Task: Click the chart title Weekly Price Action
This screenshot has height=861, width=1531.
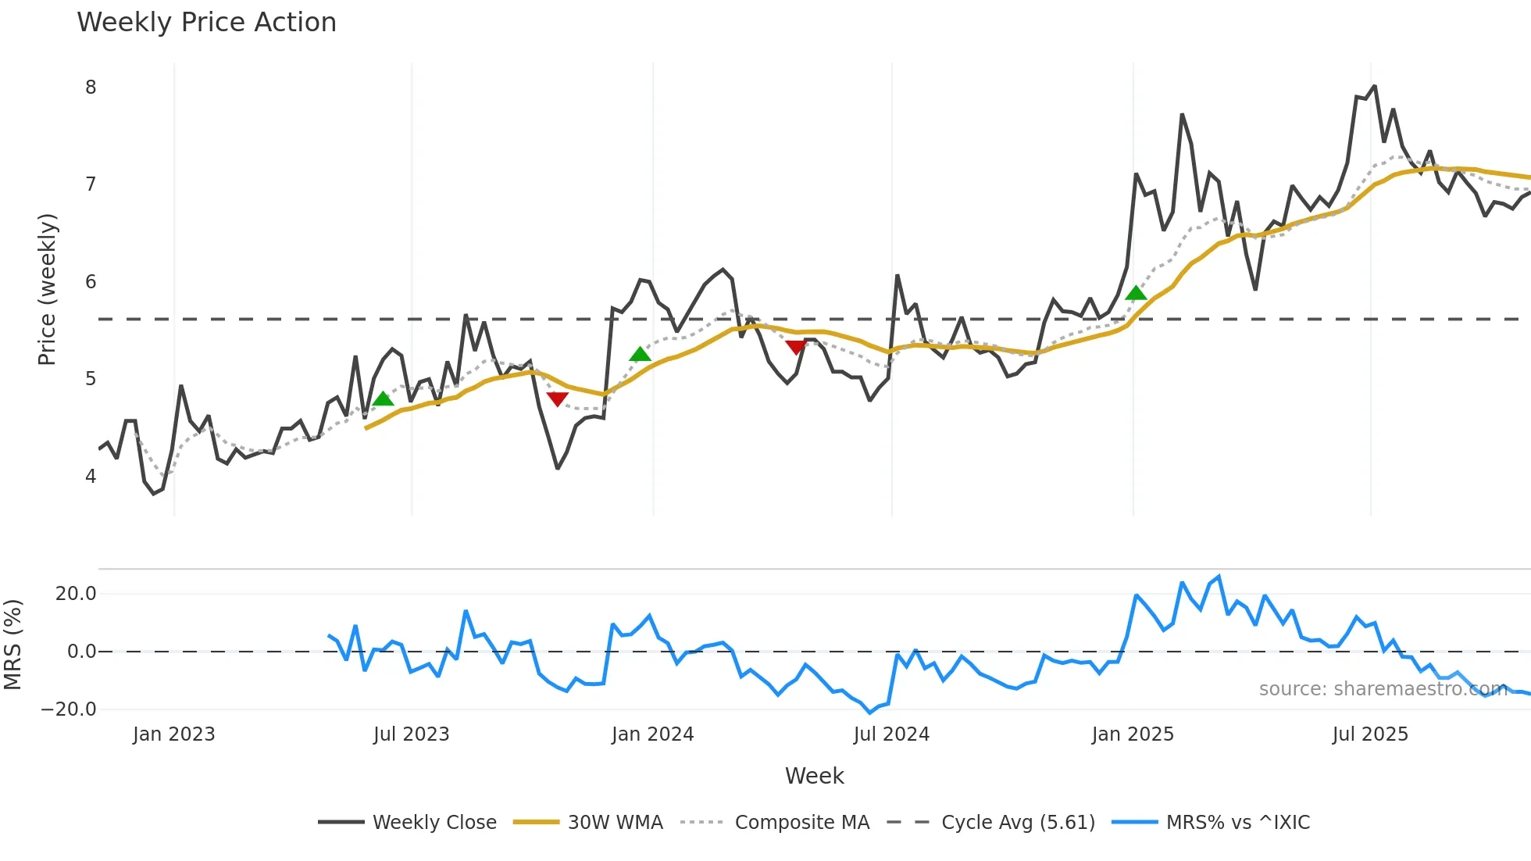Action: (x=206, y=23)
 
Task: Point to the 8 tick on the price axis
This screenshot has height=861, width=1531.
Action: (x=91, y=88)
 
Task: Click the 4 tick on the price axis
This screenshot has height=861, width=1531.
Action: (x=91, y=476)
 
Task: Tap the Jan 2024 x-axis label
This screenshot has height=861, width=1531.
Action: (x=652, y=734)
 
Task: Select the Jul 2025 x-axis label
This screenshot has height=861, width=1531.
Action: (x=1369, y=734)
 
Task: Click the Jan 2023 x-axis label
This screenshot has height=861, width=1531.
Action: (x=173, y=734)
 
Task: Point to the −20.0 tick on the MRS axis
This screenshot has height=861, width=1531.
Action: (x=69, y=709)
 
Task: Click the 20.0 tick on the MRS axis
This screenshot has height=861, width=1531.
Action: (x=76, y=594)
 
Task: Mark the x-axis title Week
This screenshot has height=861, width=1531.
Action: (x=814, y=776)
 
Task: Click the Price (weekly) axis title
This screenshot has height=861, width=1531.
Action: (x=47, y=289)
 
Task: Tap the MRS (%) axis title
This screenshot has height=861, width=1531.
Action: (x=12, y=645)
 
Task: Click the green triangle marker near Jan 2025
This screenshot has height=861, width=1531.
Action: (x=1136, y=293)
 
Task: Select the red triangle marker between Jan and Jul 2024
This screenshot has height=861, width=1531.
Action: (x=796, y=347)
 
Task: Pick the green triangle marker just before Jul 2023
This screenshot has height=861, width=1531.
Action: (x=383, y=398)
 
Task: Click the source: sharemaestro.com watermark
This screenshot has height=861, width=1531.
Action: (x=1383, y=689)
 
